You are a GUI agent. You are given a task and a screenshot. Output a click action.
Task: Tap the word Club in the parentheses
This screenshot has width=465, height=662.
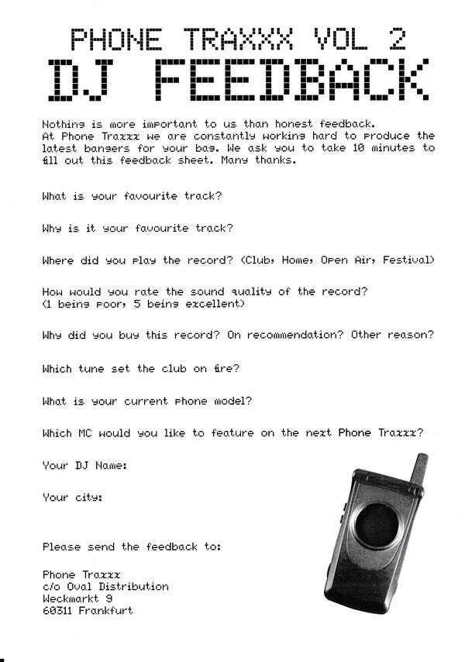(258, 260)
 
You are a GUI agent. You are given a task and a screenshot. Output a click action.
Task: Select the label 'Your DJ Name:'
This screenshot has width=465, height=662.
(85, 465)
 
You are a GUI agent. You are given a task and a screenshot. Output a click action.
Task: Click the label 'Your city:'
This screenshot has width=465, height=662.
(73, 497)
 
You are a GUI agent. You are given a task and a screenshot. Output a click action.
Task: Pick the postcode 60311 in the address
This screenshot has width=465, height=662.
(57, 611)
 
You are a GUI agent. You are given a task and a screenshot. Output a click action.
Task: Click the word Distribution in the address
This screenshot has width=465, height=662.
(134, 587)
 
